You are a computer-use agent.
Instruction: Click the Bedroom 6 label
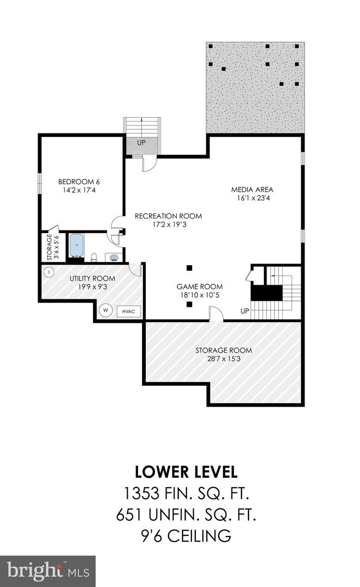coord(79,182)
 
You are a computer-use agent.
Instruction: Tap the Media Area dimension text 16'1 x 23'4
coord(252,199)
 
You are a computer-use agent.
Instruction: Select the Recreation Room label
coord(168,216)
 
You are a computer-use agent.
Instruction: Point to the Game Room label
coord(200,286)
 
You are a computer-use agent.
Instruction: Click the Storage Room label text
coord(224,350)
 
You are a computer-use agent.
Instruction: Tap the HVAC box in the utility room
coord(128,311)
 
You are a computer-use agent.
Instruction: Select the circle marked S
coord(49,271)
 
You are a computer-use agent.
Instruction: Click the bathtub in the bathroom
coord(76,246)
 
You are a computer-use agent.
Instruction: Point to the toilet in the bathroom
coord(94,257)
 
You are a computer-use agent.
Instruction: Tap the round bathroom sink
coord(114,257)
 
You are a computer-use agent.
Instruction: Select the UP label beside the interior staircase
coord(245,311)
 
